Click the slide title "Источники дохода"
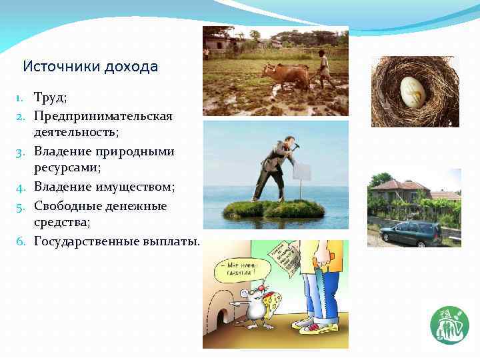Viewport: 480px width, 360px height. pos(90,67)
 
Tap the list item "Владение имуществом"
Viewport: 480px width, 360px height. pos(104,187)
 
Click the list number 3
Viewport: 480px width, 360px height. pos(21,152)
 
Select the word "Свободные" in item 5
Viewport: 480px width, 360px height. pos(68,205)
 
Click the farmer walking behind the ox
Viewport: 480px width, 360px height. pos(325,69)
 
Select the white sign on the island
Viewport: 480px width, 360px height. pos(301,173)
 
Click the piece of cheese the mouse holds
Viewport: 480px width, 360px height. pos(271,303)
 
